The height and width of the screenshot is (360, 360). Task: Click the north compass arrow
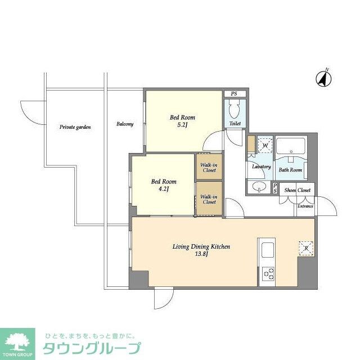(x=323, y=78)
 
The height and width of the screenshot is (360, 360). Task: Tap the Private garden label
(x=75, y=127)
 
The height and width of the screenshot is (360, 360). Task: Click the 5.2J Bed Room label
(x=183, y=121)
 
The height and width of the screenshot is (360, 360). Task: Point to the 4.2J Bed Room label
(x=163, y=185)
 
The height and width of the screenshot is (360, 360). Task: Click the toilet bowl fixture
(x=235, y=107)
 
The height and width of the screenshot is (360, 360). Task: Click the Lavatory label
(x=262, y=167)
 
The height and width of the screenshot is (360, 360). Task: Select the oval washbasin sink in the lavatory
(x=259, y=186)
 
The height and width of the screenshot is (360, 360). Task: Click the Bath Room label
(x=291, y=170)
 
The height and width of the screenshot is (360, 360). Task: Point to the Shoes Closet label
(x=298, y=191)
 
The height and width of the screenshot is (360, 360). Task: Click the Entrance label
(x=305, y=206)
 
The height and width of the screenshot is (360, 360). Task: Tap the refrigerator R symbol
(x=306, y=247)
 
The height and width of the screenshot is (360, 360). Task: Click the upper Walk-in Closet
(x=209, y=166)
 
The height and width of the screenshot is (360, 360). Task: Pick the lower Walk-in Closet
(x=209, y=199)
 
